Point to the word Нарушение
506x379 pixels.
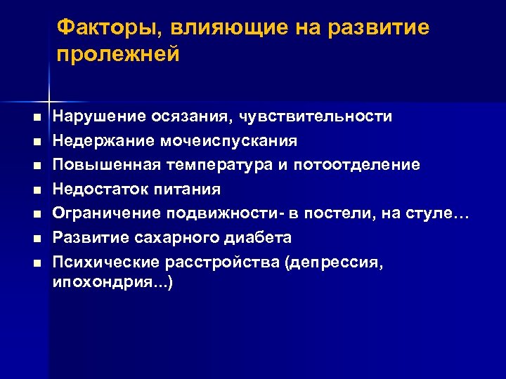pyautogui.click(x=100, y=117)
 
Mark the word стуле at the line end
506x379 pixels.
pyautogui.click(x=429, y=213)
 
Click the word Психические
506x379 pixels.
pyautogui.click(x=105, y=262)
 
